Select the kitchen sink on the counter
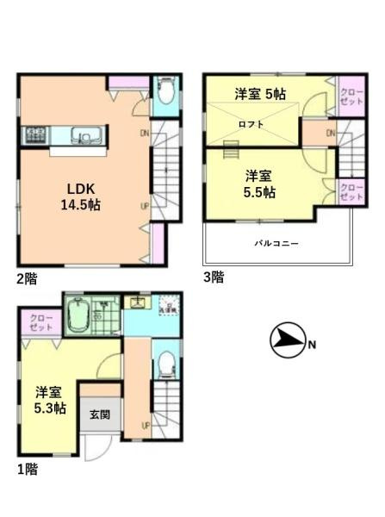(x=84, y=135)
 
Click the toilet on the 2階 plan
(x=165, y=92)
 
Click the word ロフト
(x=251, y=123)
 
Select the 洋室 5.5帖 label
(x=257, y=184)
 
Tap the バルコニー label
(x=276, y=244)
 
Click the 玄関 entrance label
(x=100, y=414)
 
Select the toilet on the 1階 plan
(x=167, y=365)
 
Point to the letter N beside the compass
(x=312, y=346)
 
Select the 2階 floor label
(x=25, y=277)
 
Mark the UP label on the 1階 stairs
(x=146, y=425)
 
